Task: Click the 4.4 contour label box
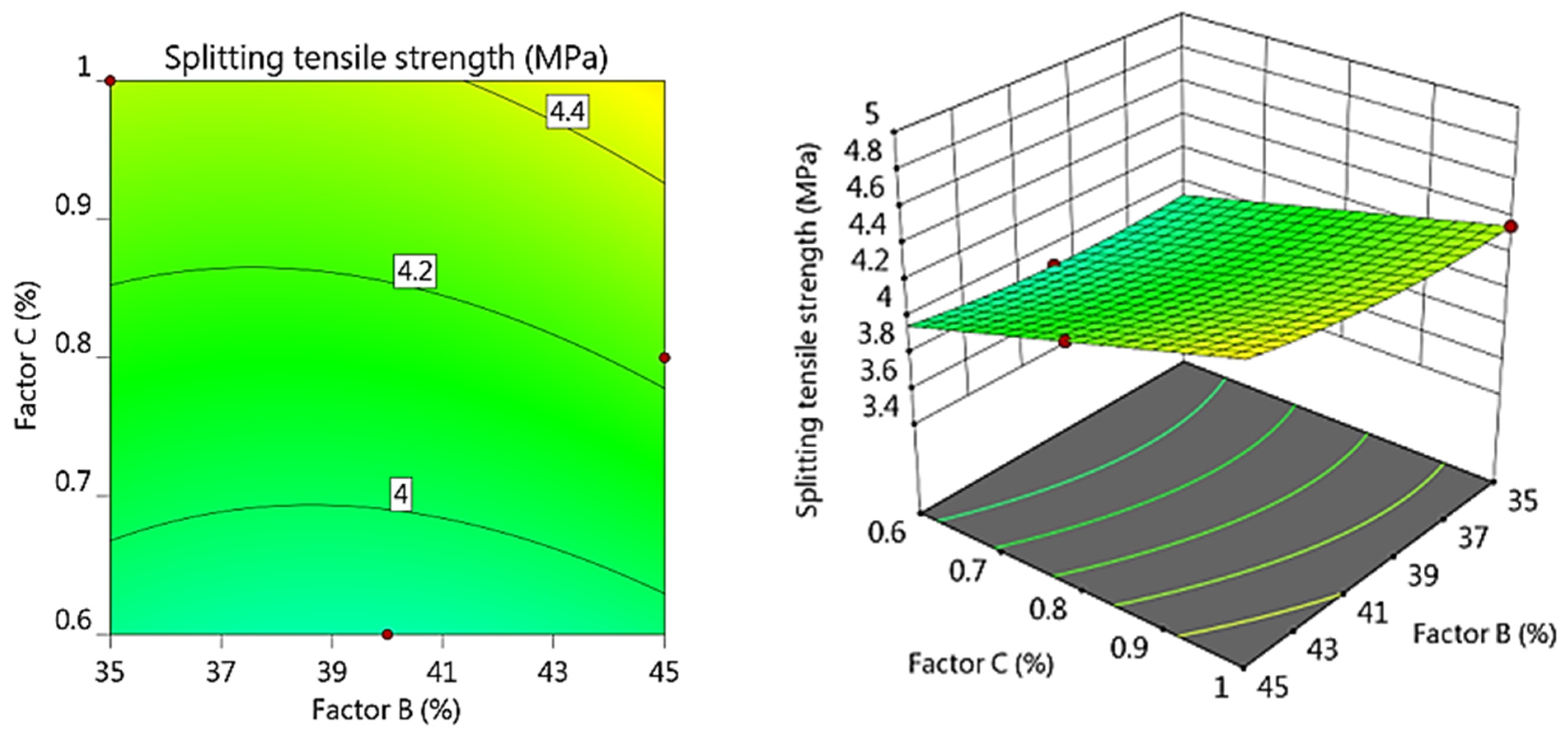567,112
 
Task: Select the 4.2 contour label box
415,271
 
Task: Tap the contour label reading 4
401,495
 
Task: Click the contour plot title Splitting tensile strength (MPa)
386,59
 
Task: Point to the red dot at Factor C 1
110,81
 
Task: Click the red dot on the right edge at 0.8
665,358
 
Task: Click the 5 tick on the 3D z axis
872,114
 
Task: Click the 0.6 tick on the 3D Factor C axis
887,533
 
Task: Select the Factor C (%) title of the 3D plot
980,663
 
